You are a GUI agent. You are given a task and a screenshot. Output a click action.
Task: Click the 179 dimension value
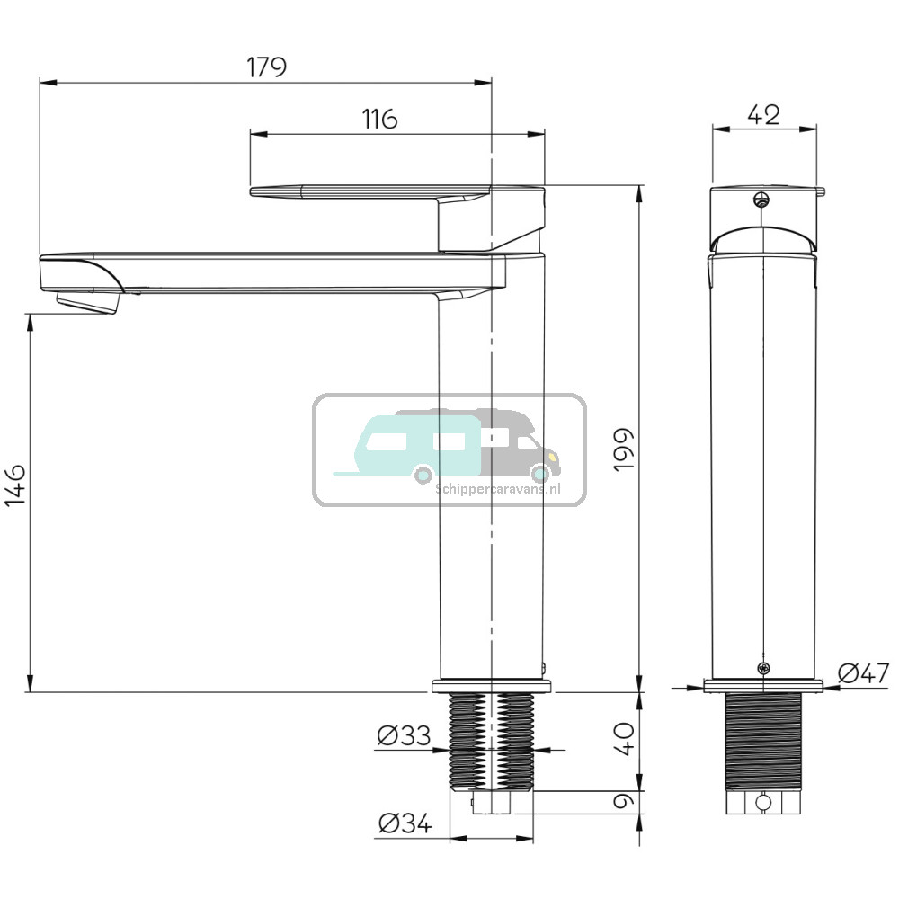[x=267, y=67]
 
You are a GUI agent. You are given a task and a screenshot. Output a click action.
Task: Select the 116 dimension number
[x=379, y=120]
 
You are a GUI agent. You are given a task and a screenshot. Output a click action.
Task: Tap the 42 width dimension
[x=763, y=115]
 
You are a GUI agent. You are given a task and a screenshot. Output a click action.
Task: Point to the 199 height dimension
[x=623, y=449]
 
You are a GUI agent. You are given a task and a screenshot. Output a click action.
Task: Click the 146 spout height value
[x=15, y=485]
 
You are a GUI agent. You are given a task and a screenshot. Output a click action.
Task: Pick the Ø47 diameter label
[x=863, y=673]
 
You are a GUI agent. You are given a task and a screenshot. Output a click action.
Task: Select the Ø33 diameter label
[x=404, y=735]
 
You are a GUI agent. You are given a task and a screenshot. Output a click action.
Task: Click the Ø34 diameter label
[x=405, y=824]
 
